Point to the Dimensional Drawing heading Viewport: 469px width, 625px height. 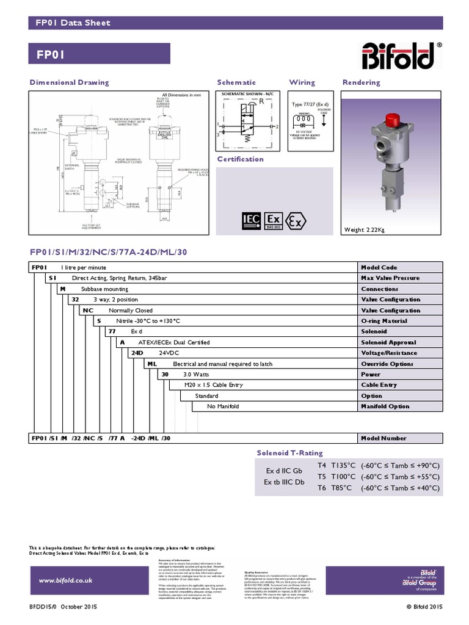pyautogui.click(x=70, y=82)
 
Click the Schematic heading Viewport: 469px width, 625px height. pyautogui.click(x=236, y=82)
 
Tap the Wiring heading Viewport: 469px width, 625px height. pyautogui.click(x=302, y=82)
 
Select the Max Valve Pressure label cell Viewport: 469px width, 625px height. pyautogui.click(x=390, y=278)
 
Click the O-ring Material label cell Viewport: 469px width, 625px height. pyautogui.click(x=384, y=321)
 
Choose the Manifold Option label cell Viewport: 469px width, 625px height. pyautogui.click(x=385, y=406)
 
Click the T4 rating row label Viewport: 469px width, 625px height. pyautogui.click(x=322, y=465)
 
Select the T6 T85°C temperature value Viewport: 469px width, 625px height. pyautogui.click(x=341, y=488)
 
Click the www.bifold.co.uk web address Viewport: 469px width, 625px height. pyautogui.click(x=65, y=580)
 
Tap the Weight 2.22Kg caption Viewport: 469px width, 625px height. pyautogui.click(x=365, y=229)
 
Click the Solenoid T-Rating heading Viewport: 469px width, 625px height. pyautogui.click(x=289, y=453)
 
